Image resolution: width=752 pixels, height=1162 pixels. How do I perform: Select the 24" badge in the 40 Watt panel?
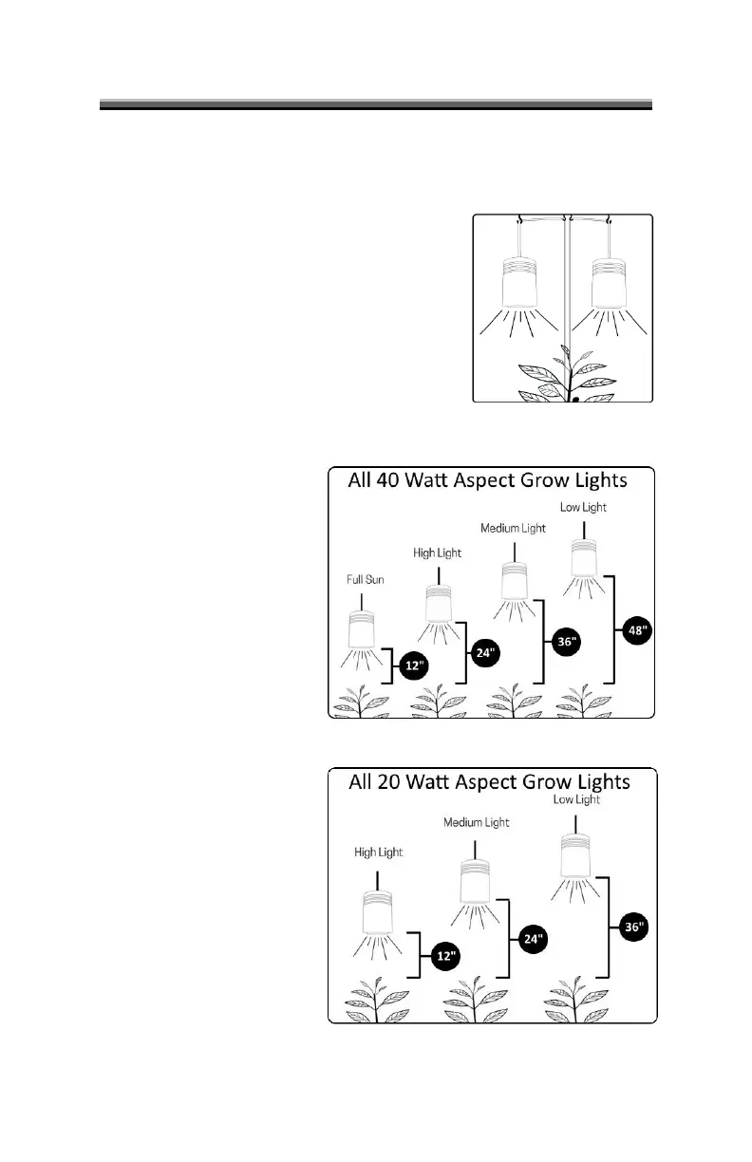tap(486, 653)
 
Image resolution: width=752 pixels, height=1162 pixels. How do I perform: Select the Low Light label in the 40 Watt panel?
tap(583, 508)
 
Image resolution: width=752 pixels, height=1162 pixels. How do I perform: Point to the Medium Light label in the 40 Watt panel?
tap(514, 529)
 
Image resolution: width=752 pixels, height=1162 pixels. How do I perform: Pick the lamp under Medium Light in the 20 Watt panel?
tap(475, 882)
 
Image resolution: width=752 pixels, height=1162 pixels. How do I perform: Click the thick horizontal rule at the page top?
tap(376, 103)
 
